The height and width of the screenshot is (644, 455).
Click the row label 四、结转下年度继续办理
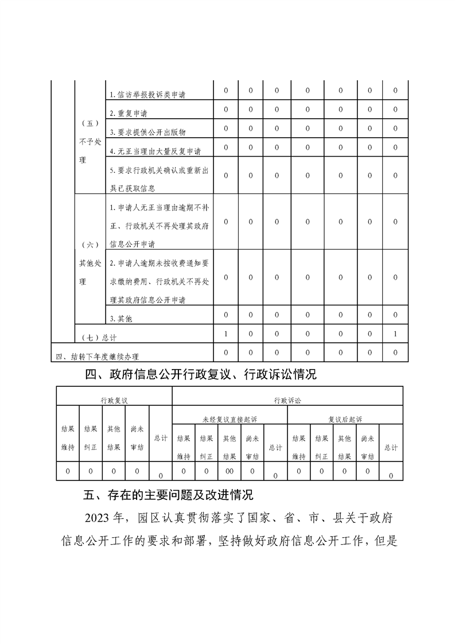(x=98, y=356)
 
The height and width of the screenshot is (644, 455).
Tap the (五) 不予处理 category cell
(x=90, y=141)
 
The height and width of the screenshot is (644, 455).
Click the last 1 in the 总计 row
(x=395, y=333)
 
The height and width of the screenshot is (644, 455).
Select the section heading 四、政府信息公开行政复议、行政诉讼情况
(x=201, y=375)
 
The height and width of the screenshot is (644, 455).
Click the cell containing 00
(x=230, y=471)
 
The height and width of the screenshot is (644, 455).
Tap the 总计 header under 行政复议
(x=161, y=438)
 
